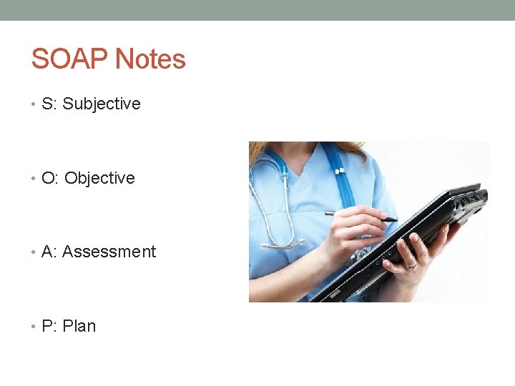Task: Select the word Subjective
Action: coord(102,104)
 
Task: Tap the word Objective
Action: coord(99,178)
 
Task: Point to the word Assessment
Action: coord(109,252)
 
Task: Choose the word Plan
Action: coord(79,326)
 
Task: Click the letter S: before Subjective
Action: coord(49,104)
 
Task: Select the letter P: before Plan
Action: coord(49,326)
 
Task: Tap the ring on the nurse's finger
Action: coord(411,266)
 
